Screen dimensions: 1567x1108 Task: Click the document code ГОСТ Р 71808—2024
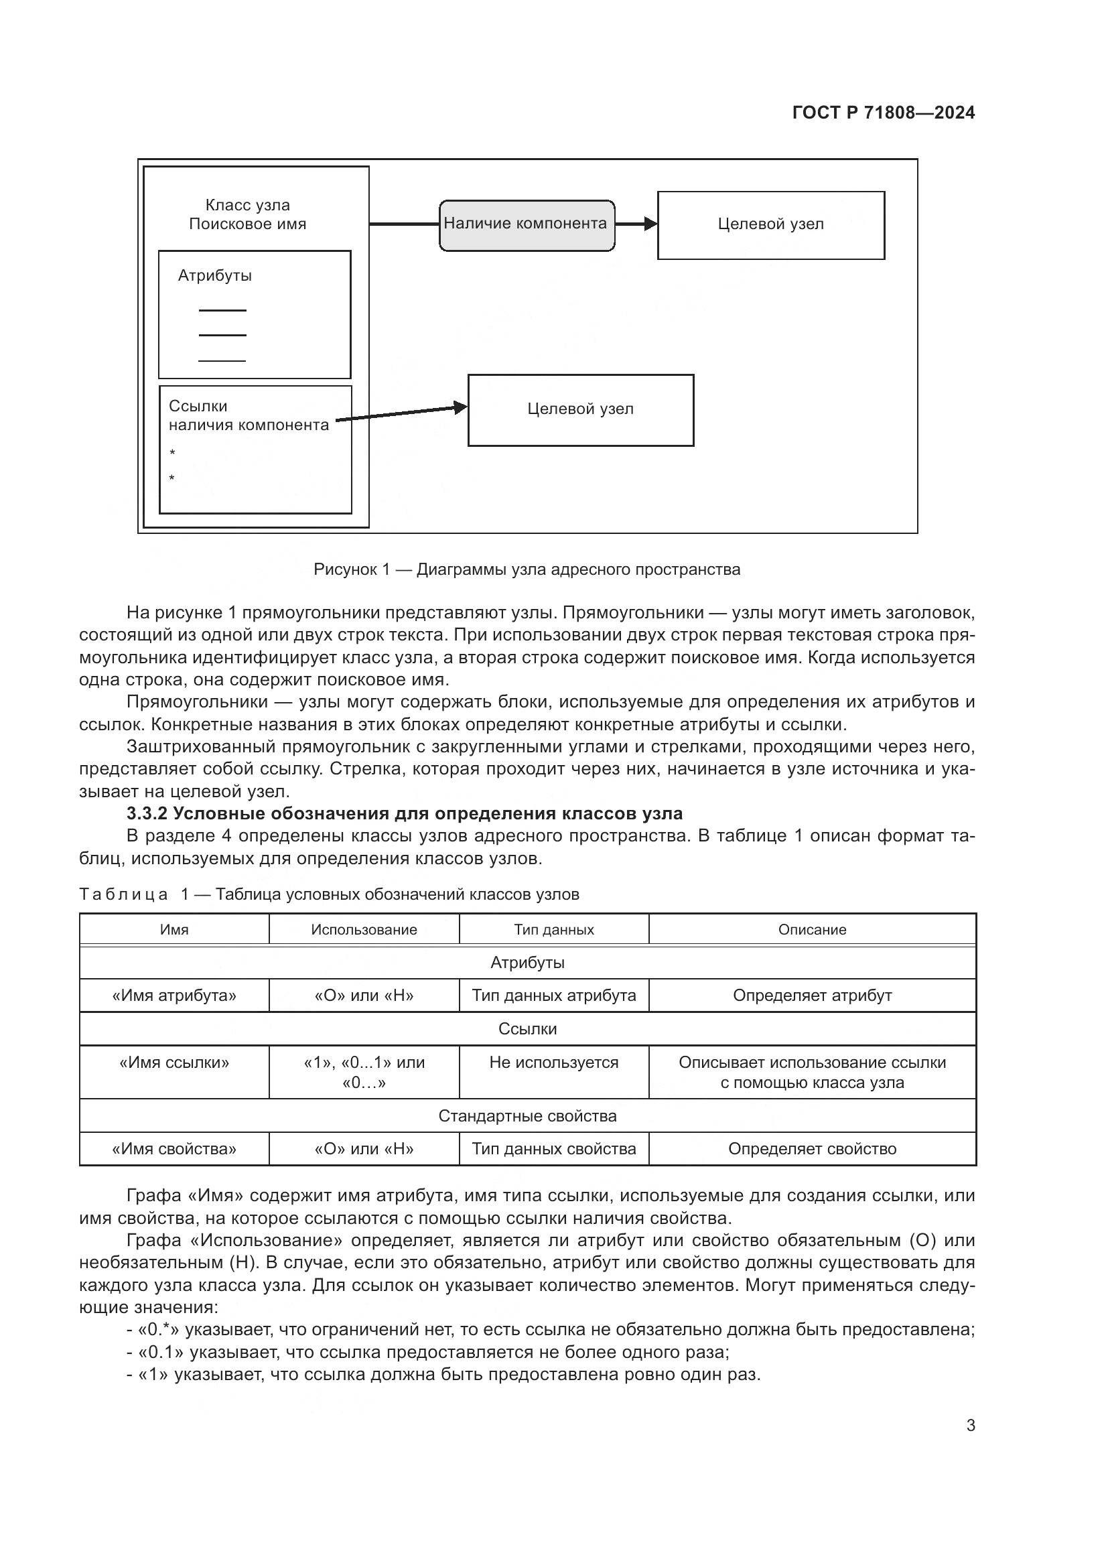(884, 113)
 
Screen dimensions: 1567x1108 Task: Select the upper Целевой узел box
(770, 225)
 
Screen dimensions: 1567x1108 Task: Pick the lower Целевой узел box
(580, 409)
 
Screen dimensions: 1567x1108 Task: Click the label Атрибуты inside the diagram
(215, 276)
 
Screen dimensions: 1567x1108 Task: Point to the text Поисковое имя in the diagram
(248, 224)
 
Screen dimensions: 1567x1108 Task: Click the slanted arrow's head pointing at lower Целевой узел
(461, 407)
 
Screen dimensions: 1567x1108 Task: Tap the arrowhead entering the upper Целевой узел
(651, 224)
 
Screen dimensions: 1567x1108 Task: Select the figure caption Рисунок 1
(527, 569)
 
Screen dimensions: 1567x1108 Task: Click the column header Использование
(364, 930)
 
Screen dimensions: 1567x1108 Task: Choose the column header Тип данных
(553, 930)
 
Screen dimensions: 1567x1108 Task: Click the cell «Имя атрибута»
(174, 995)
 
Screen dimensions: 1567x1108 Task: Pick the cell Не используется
(553, 1062)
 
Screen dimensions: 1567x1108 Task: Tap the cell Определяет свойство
(812, 1149)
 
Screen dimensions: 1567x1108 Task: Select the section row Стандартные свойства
(527, 1116)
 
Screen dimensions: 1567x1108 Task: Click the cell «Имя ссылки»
(174, 1062)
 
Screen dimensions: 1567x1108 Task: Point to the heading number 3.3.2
(147, 813)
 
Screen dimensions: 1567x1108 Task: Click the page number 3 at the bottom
(970, 1425)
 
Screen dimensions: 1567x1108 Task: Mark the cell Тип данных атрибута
(553, 995)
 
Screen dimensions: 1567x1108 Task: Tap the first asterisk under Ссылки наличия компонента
(173, 453)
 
